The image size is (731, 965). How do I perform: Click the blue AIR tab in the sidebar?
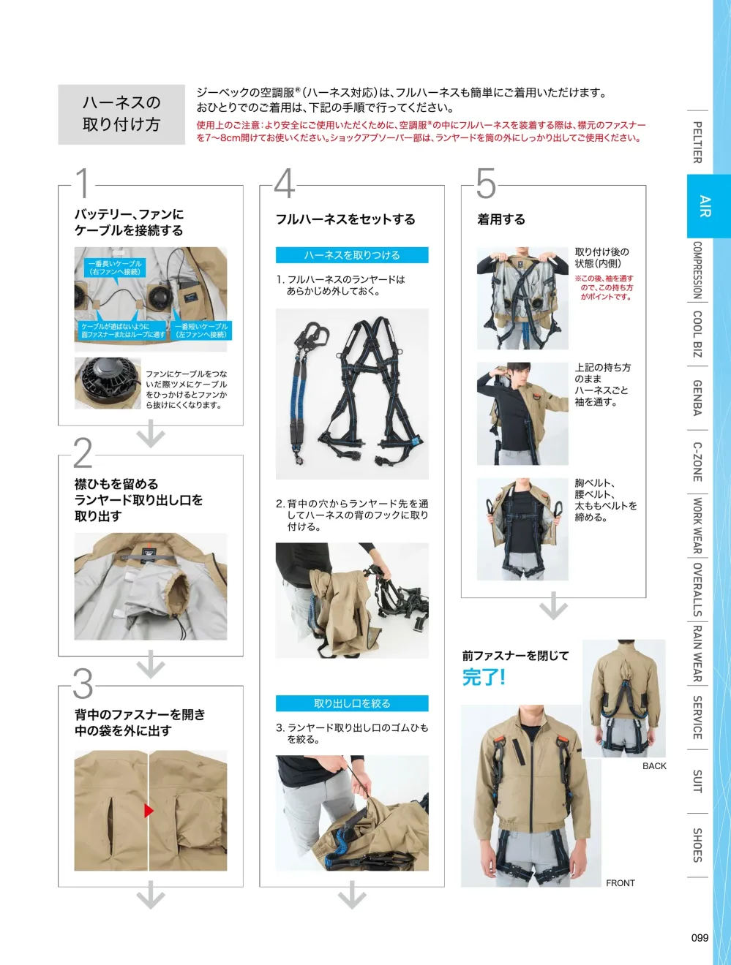point(705,206)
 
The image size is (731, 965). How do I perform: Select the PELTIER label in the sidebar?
point(697,143)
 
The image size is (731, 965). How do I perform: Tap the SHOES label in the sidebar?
point(697,845)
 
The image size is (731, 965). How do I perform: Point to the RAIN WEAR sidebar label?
point(697,654)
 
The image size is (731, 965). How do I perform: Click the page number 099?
point(700,938)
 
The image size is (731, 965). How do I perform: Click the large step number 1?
point(83,183)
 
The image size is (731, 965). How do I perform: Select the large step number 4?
point(285,183)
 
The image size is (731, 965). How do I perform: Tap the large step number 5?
point(486,183)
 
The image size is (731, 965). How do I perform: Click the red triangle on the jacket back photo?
point(149,810)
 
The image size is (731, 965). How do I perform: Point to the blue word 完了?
point(484,677)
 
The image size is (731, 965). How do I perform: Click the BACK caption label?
point(654,766)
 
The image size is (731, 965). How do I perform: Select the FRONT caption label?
point(621,883)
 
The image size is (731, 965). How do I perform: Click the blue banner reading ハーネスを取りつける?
point(352,255)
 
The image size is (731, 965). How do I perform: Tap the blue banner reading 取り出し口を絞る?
point(352,703)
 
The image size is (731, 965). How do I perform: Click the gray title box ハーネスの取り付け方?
point(121,114)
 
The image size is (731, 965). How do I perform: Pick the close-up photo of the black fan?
point(108,383)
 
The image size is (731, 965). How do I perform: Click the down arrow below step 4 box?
point(352,895)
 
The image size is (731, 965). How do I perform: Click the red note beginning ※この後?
point(604,287)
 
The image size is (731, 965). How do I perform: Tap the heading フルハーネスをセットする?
point(345,219)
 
